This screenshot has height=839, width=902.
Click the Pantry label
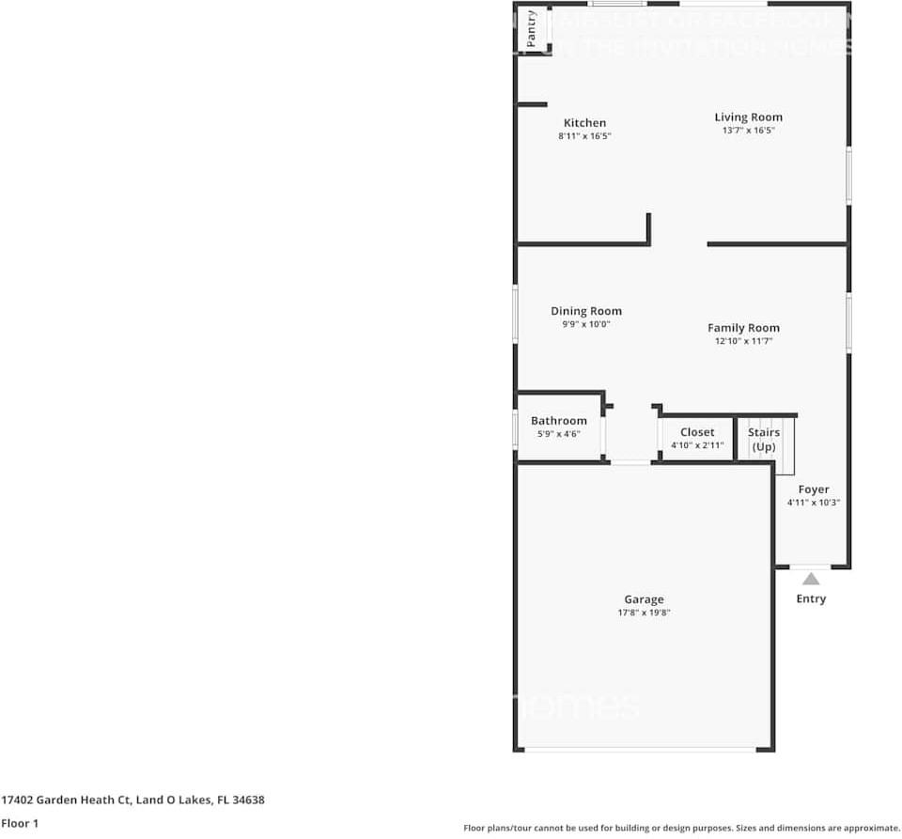(x=532, y=28)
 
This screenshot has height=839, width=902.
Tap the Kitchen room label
(x=584, y=123)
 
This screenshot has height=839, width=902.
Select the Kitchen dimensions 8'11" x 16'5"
(x=584, y=136)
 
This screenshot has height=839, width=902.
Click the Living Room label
(x=748, y=117)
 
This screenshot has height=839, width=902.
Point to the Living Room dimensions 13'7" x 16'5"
(x=748, y=131)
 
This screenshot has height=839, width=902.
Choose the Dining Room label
(x=585, y=311)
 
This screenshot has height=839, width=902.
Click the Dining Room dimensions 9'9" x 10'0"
(x=585, y=324)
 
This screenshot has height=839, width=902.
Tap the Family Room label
(x=743, y=328)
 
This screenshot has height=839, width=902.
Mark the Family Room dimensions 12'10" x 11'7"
(x=743, y=341)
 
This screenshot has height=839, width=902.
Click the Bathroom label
(x=558, y=421)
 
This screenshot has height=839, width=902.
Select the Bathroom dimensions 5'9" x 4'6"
(x=558, y=434)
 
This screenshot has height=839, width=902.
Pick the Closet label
(x=697, y=432)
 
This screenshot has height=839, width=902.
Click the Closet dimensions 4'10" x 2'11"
(x=697, y=445)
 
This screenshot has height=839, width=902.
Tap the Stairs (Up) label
(x=764, y=439)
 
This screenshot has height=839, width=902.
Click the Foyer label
(x=814, y=489)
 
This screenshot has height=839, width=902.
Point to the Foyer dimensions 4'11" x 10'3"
(x=814, y=503)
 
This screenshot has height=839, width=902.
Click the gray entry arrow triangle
(x=811, y=579)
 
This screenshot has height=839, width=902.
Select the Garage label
(x=644, y=599)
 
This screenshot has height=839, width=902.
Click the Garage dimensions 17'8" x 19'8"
(x=644, y=613)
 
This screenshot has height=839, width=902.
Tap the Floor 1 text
(x=20, y=823)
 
